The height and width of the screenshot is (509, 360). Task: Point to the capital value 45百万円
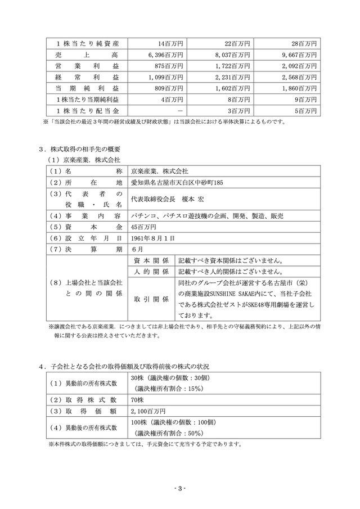pos(141,227)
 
